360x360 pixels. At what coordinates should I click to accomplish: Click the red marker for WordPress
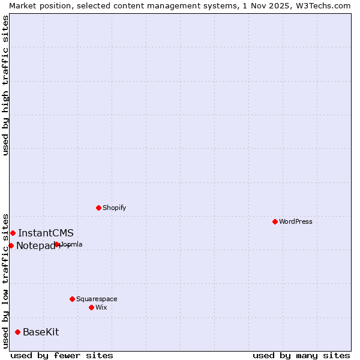pyautogui.click(x=275, y=221)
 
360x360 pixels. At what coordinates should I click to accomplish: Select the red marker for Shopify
pyautogui.click(x=98, y=208)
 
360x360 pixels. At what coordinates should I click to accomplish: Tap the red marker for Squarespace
pyautogui.click(x=72, y=299)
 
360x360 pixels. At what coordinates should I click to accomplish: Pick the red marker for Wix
pyautogui.click(x=91, y=307)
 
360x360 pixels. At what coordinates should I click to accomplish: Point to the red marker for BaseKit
pyautogui.click(x=17, y=332)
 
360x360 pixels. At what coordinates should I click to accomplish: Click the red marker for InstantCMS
pyautogui.click(x=13, y=233)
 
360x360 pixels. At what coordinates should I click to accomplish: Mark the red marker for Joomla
pyautogui.click(x=56, y=244)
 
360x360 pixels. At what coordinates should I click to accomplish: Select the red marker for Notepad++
pyautogui.click(x=11, y=245)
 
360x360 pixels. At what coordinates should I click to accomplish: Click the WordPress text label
pyautogui.click(x=296, y=221)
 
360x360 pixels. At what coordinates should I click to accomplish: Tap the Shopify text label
pyautogui.click(x=114, y=208)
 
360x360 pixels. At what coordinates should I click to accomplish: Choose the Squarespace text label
pyautogui.click(x=97, y=299)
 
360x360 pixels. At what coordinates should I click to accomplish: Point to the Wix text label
pyautogui.click(x=101, y=307)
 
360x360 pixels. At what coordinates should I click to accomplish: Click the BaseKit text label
pyautogui.click(x=41, y=332)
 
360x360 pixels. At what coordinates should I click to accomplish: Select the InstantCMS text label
pyautogui.click(x=46, y=233)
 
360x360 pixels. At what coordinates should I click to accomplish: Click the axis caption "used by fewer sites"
pyautogui.click(x=62, y=355)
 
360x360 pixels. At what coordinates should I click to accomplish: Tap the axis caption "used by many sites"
pyautogui.click(x=301, y=355)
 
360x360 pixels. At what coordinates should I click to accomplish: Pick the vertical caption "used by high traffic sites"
pyautogui.click(x=5, y=85)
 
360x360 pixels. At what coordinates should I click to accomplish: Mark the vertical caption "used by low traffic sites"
pyautogui.click(x=5, y=280)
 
